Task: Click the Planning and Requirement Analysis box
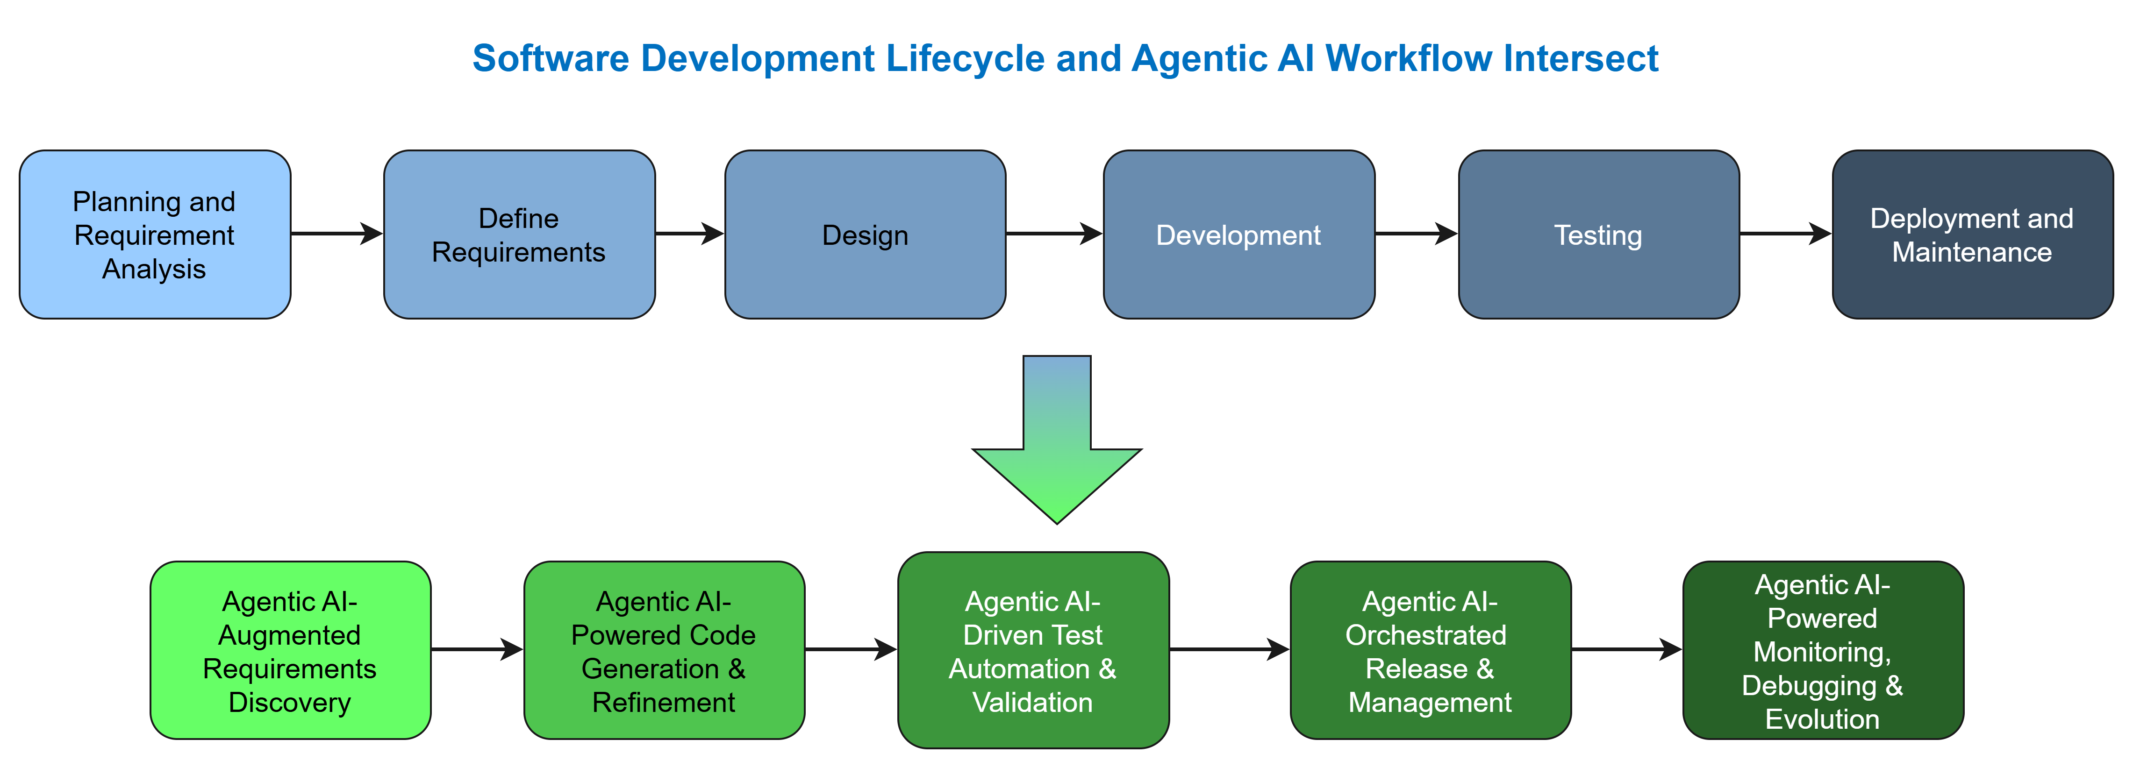[155, 234]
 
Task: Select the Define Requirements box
[519, 234]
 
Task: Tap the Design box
[865, 234]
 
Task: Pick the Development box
[1239, 234]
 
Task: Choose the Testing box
[1598, 234]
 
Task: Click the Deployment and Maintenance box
[1972, 234]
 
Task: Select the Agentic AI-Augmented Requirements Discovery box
[290, 650]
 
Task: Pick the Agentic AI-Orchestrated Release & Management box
[1430, 650]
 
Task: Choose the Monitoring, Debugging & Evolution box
[1823, 650]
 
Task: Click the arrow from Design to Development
[1054, 234]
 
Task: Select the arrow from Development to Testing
[1416, 234]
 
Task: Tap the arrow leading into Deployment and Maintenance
[1785, 234]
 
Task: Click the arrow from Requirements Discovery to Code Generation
[477, 650]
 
